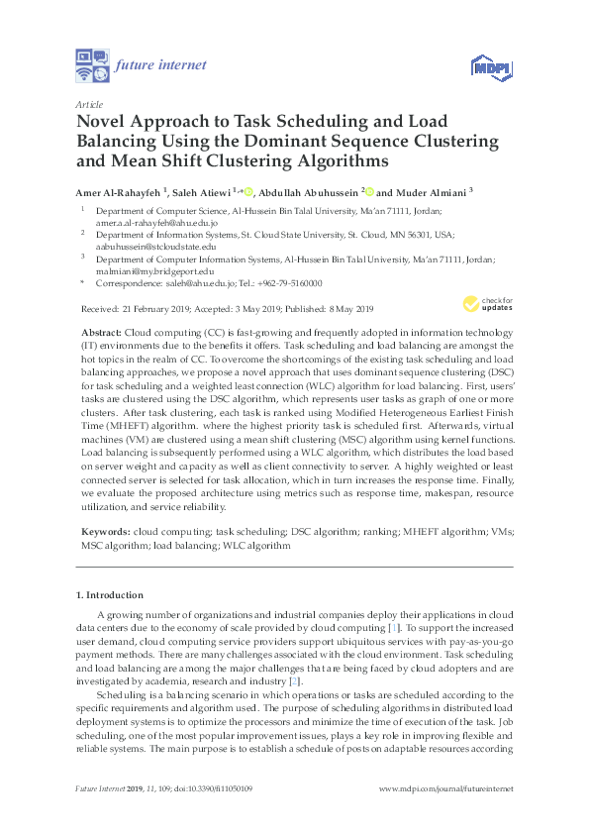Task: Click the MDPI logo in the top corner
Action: tap(489, 66)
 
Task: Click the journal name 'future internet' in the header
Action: tap(161, 65)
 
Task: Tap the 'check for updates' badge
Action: tap(488, 302)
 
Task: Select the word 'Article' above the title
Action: tap(89, 103)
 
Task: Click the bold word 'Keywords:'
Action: tap(104, 532)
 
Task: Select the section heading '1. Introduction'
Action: tap(110, 595)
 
